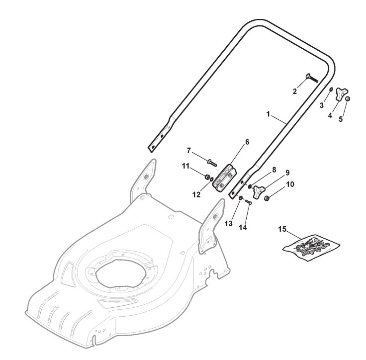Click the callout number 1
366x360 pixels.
pyautogui.click(x=268, y=114)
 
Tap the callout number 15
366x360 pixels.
pyautogui.click(x=282, y=229)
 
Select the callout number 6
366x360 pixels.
pyautogui.click(x=247, y=142)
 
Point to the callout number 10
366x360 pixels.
pyautogui.click(x=290, y=184)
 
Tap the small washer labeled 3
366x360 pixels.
pyautogui.click(x=331, y=90)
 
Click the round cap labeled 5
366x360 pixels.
pyautogui.click(x=348, y=99)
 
